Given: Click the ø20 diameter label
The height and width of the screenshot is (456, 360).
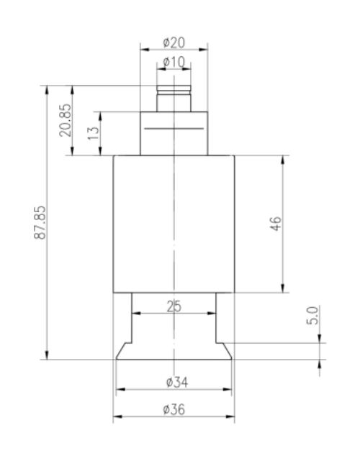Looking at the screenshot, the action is [x=174, y=42].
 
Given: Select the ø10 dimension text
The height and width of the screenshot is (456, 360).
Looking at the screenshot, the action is [x=174, y=62].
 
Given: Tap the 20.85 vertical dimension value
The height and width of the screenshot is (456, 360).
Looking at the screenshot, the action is [x=66, y=120].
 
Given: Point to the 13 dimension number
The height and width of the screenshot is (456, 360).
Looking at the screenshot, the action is [x=94, y=133].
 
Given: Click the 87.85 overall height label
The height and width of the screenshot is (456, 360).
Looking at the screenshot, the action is [x=40, y=222].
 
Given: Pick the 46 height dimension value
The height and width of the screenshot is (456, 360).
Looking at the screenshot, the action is [x=276, y=224].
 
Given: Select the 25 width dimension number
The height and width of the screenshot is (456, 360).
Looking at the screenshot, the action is [x=174, y=306].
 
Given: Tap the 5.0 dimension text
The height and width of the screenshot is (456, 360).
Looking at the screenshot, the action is [x=312, y=315].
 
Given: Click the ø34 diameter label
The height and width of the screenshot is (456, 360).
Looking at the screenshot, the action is [x=177, y=382].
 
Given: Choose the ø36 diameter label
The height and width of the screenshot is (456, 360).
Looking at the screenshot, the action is [x=174, y=409].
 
